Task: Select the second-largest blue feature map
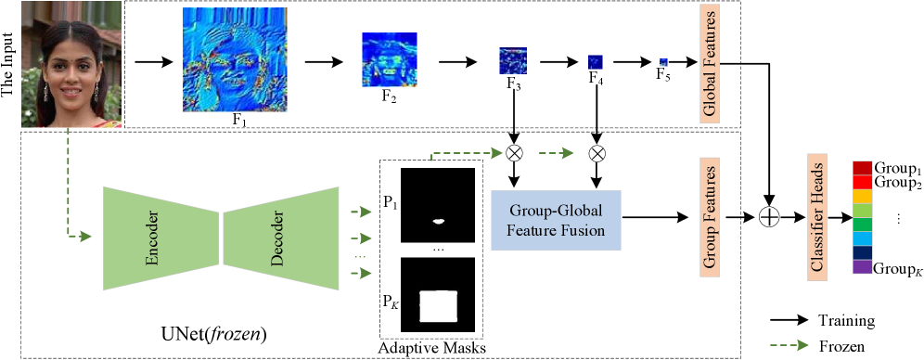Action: pos(389,59)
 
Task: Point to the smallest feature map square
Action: pos(663,63)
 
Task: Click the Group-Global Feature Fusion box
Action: pos(556,221)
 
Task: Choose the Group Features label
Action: pos(711,215)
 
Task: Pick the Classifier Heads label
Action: pos(818,215)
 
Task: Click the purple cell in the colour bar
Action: pos(862,267)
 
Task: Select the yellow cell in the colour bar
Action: pos(862,197)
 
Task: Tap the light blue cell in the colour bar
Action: pos(862,238)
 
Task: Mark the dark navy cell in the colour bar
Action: pos(862,252)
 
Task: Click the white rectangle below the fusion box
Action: pos(439,306)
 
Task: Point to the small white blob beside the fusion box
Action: pos(439,221)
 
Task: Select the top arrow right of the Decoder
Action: pos(361,212)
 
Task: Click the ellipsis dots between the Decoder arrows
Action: pos(360,256)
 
